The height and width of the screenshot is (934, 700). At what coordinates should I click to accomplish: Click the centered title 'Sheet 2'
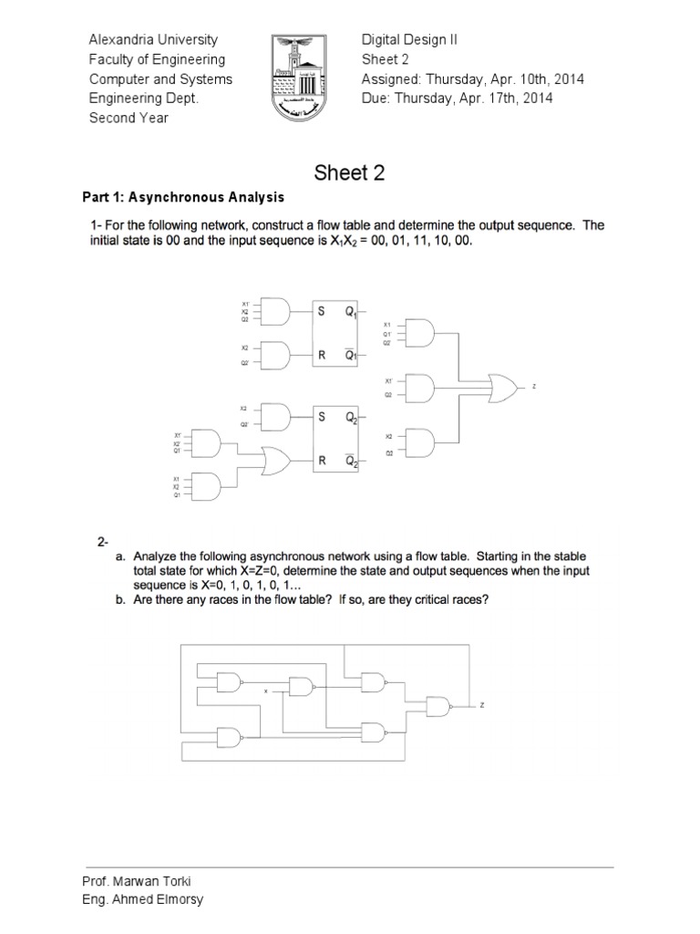pyautogui.click(x=350, y=172)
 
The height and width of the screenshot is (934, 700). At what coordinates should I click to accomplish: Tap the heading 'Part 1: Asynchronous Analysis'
pyautogui.click(x=183, y=197)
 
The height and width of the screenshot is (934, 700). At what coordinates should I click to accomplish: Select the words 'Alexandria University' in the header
pyautogui.click(x=153, y=39)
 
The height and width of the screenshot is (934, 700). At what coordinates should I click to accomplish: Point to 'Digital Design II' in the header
pyautogui.click(x=409, y=39)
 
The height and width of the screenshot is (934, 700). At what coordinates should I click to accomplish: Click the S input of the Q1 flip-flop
pyautogui.click(x=321, y=310)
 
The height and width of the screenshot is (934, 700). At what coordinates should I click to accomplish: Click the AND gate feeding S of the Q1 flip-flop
pyautogui.click(x=274, y=311)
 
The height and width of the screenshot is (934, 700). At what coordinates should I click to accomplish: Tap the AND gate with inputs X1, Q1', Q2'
pyautogui.click(x=419, y=334)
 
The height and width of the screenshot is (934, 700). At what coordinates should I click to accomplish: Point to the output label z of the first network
pyautogui.click(x=534, y=387)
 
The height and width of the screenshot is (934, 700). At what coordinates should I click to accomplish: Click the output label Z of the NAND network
pyautogui.click(x=483, y=705)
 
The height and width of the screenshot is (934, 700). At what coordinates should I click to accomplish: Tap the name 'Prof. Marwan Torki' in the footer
pyautogui.click(x=137, y=881)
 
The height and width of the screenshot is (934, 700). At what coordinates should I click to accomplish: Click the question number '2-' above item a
pyautogui.click(x=104, y=542)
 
